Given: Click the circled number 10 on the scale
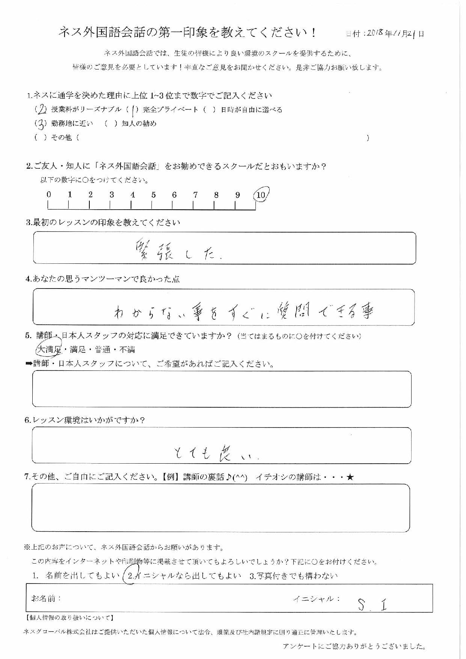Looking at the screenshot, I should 261,195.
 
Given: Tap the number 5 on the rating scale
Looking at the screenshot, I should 154,195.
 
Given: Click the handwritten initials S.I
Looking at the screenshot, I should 372,604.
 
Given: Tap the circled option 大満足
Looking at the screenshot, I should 49,350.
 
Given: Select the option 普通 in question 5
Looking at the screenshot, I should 103,350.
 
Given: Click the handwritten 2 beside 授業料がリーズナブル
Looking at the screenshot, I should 41,109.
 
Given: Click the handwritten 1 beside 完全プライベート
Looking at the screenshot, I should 133,109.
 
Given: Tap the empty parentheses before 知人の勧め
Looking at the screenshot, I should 111,124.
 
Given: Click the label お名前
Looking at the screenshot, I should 46,598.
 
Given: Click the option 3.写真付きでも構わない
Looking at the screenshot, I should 293,576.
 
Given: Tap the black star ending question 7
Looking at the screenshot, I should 350,478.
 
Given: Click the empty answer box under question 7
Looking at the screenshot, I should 220,508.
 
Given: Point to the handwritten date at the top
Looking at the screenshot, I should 394,33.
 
